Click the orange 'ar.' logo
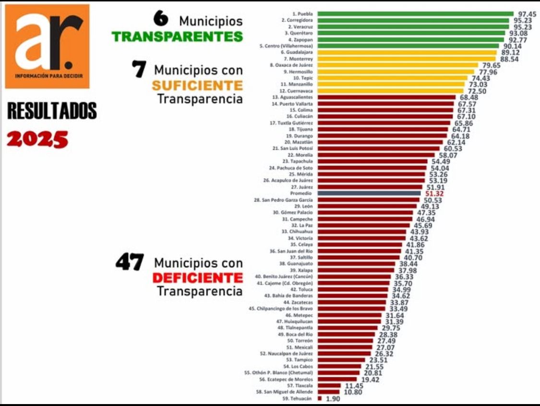(x=47, y=46)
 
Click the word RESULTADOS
(x=52, y=111)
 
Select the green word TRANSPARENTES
(x=177, y=36)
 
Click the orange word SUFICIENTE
(x=197, y=85)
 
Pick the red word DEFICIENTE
(x=197, y=277)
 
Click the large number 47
(x=129, y=263)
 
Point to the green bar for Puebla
(x=415, y=14)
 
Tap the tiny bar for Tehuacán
(x=320, y=398)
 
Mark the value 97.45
(x=528, y=14)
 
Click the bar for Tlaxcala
(x=329, y=385)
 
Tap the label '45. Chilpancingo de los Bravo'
(x=281, y=309)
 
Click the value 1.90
(x=333, y=398)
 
